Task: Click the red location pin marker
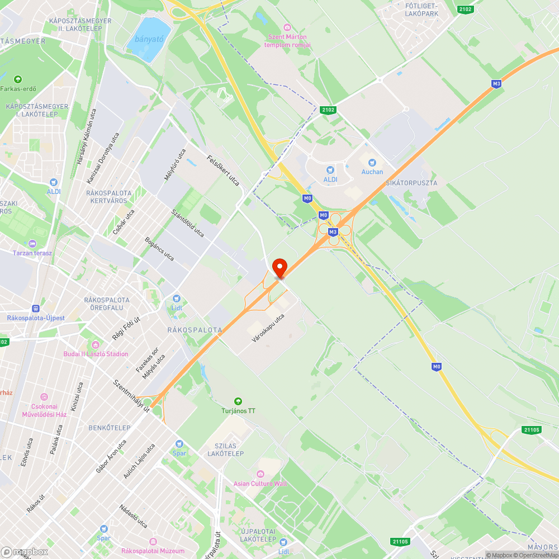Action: pyautogui.click(x=279, y=267)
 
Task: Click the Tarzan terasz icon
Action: pyautogui.click(x=32, y=243)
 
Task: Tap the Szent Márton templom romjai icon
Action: pyautogui.click(x=287, y=27)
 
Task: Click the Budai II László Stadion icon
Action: pyautogui.click(x=96, y=344)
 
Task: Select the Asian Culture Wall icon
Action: pyautogui.click(x=260, y=474)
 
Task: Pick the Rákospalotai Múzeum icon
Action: pyautogui.click(x=153, y=542)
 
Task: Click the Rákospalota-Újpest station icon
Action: pyautogui.click(x=36, y=308)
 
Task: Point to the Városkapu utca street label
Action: pyautogui.click(x=268, y=328)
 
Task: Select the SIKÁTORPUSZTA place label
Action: pyautogui.click(x=411, y=183)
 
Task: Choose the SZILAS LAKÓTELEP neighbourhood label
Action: pyautogui.click(x=221, y=449)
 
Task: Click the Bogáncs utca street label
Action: pyautogui.click(x=159, y=249)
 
